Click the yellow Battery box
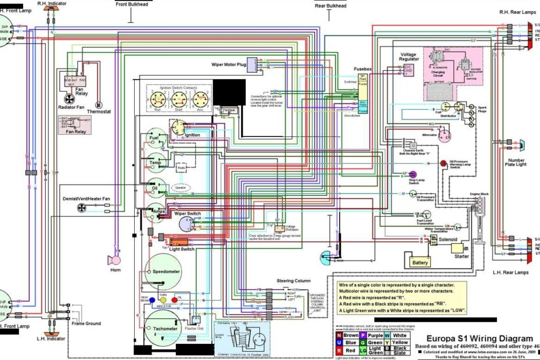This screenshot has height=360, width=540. pos(421,262)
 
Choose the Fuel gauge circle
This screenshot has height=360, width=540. pos(154,138)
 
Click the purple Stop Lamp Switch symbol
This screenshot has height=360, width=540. pos(413,174)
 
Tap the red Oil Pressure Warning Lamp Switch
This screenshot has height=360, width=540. pos(443,164)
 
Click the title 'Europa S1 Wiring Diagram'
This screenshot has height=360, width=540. pos(479,339)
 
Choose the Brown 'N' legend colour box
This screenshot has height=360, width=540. pos(340,335)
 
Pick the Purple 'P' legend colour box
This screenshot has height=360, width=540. pos(363,335)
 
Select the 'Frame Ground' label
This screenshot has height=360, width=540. pos(86,323)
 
